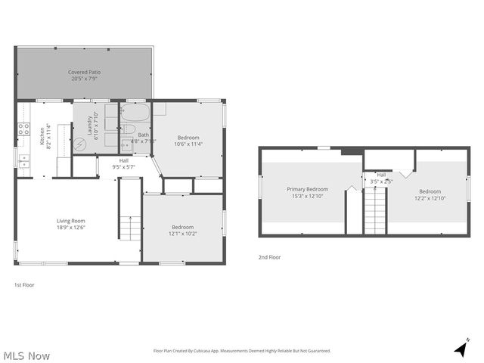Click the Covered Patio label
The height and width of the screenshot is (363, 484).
(85, 73)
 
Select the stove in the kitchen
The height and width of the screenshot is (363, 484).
(24, 129)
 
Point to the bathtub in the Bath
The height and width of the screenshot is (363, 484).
(136, 113)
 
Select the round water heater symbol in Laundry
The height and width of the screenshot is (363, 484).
(80, 146)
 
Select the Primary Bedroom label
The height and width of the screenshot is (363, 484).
(307, 188)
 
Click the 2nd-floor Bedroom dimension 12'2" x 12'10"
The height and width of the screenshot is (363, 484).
(430, 198)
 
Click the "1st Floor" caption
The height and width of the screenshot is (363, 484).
(24, 285)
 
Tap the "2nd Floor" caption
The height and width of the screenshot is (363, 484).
(269, 257)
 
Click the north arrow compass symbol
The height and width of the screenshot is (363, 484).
(460, 349)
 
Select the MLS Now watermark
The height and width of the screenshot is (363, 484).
(26, 355)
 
